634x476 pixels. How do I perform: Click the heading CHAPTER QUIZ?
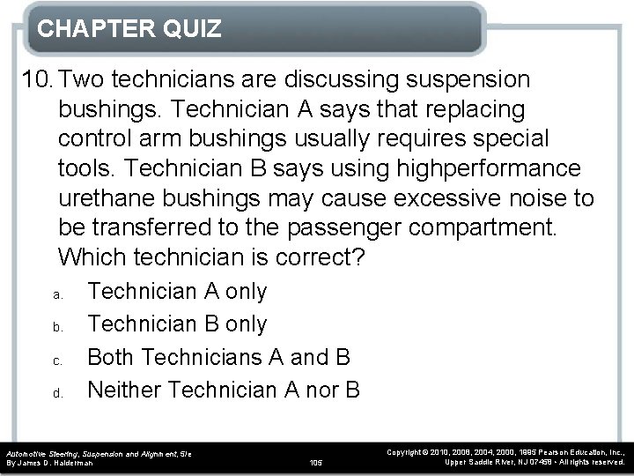click(x=129, y=30)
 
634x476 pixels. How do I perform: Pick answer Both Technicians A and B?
click(x=220, y=356)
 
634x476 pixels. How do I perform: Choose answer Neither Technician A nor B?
click(x=225, y=389)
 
